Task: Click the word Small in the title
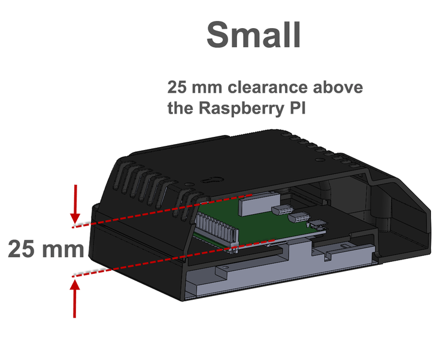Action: pos(253,35)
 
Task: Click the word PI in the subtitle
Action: pos(290,109)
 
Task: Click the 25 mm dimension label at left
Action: pos(45,249)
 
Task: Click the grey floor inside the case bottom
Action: pos(239,281)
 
